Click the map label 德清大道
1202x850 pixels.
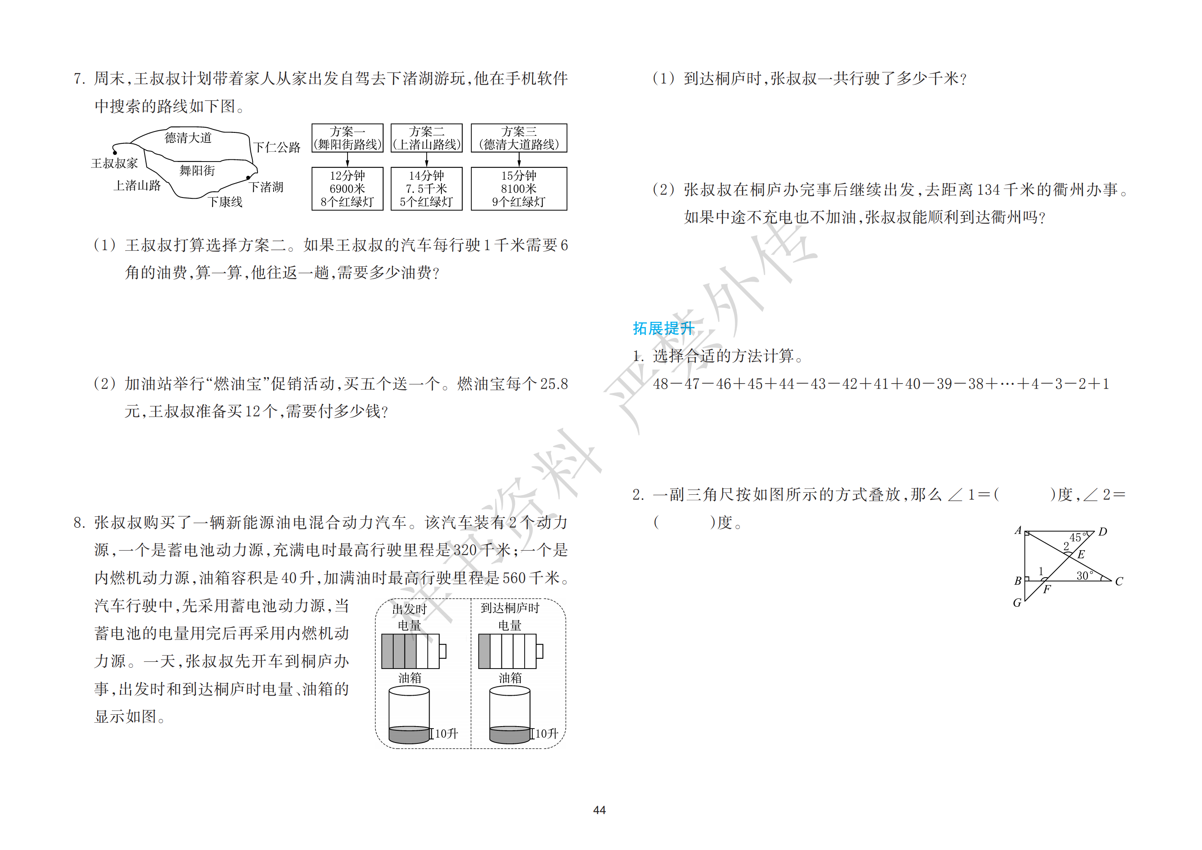[x=188, y=138]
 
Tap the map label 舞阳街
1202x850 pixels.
[x=197, y=170]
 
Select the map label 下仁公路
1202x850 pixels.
[x=277, y=147]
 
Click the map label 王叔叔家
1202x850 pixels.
[x=115, y=163]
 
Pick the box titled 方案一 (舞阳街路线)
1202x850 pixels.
[x=348, y=138]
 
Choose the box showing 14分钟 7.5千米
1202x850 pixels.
[x=427, y=189]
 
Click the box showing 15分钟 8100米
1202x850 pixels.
[x=519, y=189]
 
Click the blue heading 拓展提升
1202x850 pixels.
[x=663, y=329]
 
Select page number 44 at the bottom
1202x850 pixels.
[x=600, y=810]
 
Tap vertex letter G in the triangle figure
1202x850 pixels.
[x=1017, y=603]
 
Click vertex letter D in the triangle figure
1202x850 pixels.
[x=1103, y=532]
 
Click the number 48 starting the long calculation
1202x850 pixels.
[x=661, y=384]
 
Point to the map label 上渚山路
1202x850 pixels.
[x=137, y=185]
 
